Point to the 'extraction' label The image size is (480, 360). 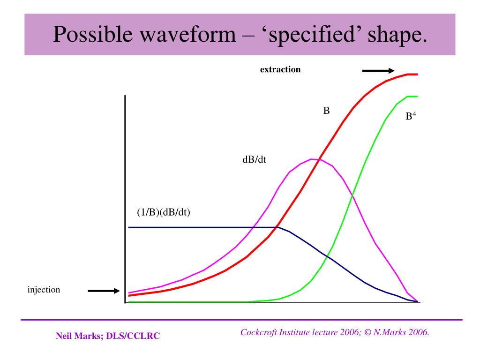coord(280,69)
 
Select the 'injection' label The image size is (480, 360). coord(44,290)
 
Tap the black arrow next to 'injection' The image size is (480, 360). coord(104,291)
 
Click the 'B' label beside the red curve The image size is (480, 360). coord(327,111)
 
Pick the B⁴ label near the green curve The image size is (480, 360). coord(411,116)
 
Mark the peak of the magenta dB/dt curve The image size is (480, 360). coord(313,159)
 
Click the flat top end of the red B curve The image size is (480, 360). coord(412,74)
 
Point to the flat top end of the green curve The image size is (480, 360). coord(412,97)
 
